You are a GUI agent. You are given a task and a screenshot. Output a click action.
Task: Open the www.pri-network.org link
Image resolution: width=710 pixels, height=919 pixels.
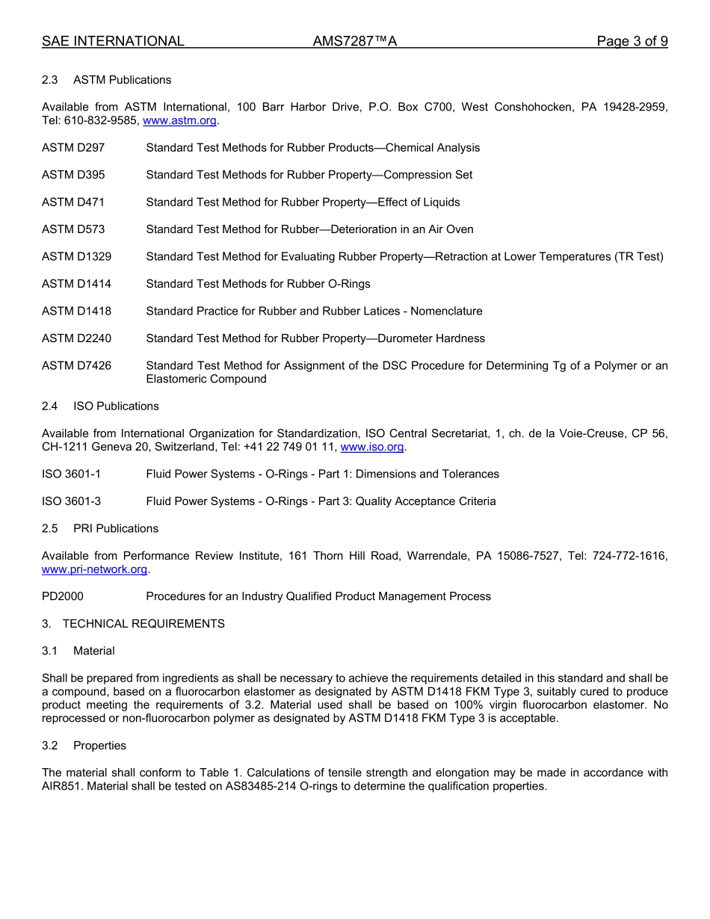click(95, 569)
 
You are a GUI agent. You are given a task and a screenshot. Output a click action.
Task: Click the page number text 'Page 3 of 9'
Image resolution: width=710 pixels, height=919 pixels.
click(632, 42)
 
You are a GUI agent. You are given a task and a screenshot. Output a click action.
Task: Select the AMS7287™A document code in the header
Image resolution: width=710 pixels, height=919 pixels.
click(354, 42)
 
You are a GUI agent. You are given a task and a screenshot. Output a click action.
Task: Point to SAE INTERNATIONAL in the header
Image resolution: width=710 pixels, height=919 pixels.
click(113, 42)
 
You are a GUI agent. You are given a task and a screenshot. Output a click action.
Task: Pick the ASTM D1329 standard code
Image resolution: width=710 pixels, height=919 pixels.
click(76, 257)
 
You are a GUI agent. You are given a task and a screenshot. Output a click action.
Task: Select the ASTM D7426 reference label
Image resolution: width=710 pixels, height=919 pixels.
click(76, 366)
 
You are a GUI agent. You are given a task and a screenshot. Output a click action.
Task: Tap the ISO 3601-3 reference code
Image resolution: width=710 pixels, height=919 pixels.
click(71, 501)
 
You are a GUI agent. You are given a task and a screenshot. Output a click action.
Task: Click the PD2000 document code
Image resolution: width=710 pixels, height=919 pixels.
click(63, 596)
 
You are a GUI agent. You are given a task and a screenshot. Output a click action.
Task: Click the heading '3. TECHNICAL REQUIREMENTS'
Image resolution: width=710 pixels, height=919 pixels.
click(133, 624)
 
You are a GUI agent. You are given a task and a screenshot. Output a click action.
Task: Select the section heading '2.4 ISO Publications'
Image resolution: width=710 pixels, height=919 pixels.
click(100, 406)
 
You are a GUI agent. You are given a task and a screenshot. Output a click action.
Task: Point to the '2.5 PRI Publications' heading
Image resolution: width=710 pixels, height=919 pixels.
click(100, 529)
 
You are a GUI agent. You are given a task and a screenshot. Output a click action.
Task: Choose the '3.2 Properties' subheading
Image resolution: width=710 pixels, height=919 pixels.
click(84, 746)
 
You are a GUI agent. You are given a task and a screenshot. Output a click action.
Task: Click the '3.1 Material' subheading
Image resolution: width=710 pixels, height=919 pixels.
click(78, 651)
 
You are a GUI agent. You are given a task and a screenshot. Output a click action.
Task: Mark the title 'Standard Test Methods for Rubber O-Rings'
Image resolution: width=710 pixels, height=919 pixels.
click(258, 284)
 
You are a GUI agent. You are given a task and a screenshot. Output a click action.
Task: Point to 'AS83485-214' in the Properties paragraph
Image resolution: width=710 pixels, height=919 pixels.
click(259, 787)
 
